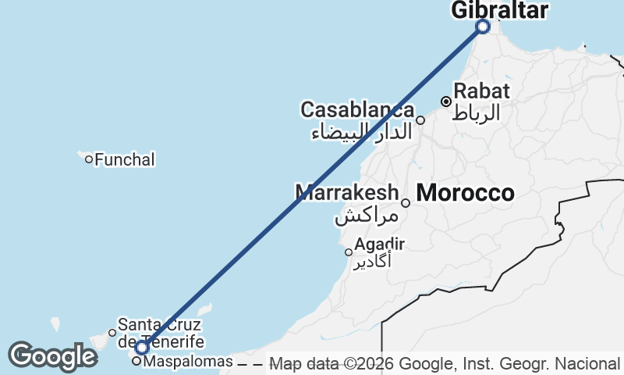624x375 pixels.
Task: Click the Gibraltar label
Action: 499,9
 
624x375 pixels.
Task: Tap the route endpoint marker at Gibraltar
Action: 483,27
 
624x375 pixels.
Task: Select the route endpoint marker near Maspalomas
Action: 142,347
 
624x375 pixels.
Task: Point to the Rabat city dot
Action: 446,102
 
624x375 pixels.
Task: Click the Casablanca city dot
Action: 420,120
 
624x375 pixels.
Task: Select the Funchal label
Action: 125,160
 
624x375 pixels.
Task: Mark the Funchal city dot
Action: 89,159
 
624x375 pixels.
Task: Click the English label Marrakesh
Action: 346,191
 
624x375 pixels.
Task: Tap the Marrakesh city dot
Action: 406,203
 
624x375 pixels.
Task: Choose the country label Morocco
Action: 466,193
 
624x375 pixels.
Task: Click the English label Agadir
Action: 379,245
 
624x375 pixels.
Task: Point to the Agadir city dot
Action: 349,252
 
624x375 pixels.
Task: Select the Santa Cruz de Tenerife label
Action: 161,333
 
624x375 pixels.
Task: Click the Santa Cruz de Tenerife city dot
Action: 112,333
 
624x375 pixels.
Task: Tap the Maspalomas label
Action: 189,362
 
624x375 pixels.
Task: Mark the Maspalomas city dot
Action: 136,361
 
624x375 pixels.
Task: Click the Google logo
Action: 52,356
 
